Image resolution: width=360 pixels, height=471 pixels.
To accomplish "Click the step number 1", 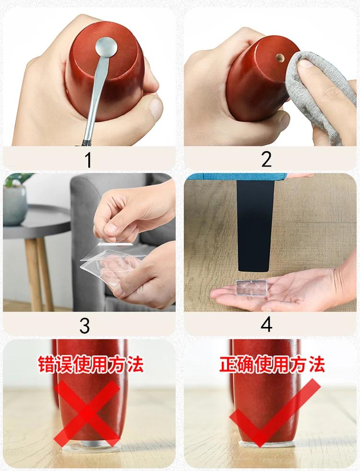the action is [x=88, y=160].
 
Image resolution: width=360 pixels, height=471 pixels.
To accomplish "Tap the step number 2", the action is [x=266, y=159].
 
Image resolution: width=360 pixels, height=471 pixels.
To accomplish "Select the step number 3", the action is [x=84, y=326].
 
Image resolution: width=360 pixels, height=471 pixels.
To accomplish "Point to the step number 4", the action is [x=266, y=325].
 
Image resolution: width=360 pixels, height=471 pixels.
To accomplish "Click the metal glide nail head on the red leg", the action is [x=107, y=47].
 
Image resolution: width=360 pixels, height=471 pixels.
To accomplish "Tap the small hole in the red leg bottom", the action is [x=280, y=57].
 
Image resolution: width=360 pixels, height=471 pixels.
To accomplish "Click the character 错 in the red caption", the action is [x=47, y=364].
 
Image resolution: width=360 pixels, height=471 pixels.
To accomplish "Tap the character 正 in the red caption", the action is [x=228, y=364].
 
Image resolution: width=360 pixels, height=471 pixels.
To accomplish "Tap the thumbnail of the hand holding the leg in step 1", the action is [x=156, y=108].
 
